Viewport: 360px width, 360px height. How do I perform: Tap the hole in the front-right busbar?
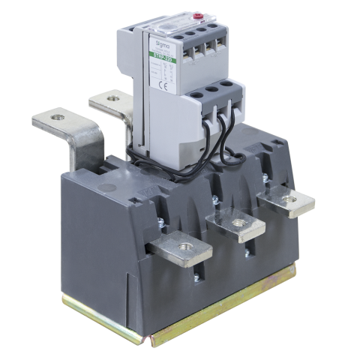click(x=287, y=199)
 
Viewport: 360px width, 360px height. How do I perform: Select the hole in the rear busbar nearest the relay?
click(x=112, y=97)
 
